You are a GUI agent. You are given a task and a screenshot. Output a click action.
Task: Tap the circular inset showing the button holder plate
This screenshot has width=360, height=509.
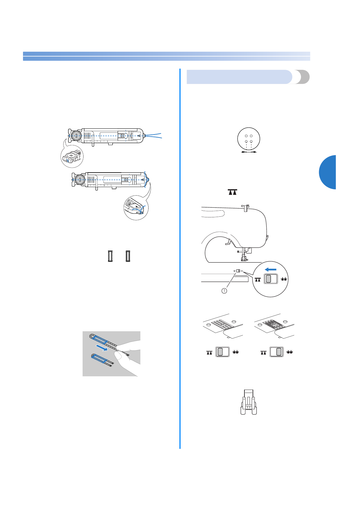[x=72, y=157]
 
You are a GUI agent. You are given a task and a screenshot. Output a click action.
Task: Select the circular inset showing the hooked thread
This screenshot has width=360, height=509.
[x=136, y=208]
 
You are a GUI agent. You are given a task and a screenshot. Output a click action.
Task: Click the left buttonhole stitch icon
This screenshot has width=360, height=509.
[x=110, y=256]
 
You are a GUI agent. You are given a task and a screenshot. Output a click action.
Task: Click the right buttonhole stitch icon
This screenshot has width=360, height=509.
[x=128, y=256]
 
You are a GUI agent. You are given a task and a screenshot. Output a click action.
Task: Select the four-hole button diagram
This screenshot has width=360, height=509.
[x=249, y=139]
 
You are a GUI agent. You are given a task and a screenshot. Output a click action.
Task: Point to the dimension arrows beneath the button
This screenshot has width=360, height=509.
[x=249, y=152]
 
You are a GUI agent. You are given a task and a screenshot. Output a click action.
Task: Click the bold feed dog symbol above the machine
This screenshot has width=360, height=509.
[x=232, y=192]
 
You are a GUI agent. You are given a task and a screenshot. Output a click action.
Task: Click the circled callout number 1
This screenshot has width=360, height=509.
[x=224, y=291]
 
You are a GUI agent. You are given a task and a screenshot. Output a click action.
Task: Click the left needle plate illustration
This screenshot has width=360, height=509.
[x=223, y=326]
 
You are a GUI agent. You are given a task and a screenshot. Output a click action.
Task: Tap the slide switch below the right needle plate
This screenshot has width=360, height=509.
[x=277, y=352]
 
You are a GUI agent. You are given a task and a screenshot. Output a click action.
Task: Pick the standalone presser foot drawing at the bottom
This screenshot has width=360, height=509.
[x=249, y=401]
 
